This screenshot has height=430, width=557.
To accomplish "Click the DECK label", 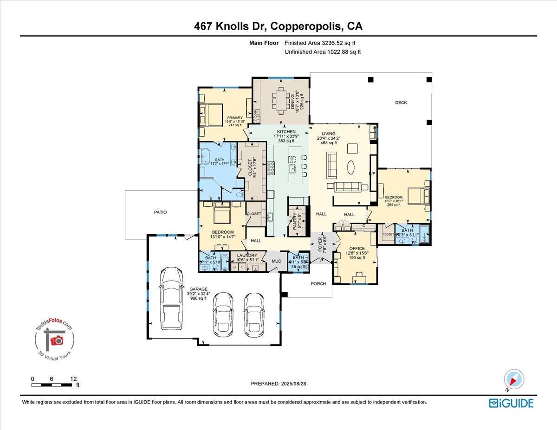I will pos(401,103).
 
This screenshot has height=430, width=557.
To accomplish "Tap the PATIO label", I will pos(160,212).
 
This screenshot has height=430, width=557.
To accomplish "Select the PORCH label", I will pos(318,283).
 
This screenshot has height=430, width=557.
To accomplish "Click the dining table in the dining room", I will pos(281,100).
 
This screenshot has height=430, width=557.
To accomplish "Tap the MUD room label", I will pos(277,261).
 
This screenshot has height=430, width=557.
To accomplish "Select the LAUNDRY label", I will pos(247,255).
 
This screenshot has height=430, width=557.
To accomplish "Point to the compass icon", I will pos(513,379).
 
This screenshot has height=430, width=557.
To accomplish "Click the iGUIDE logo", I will pos(511,403).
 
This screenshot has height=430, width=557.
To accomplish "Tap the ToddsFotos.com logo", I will pos(55,340).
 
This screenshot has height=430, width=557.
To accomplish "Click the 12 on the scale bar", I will pos(73,379).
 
